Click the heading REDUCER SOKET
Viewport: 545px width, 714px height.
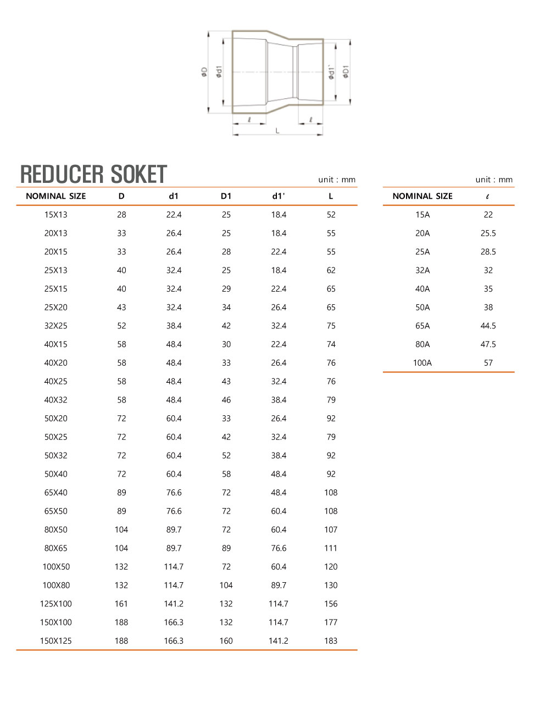pyautogui.click(x=93, y=174)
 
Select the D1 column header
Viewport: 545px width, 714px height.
pyautogui.click(x=226, y=196)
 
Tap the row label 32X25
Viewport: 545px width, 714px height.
pyautogui.click(x=56, y=326)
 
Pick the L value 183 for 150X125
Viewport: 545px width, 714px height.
pyautogui.click(x=331, y=641)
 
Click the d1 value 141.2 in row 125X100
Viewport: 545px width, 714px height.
pyautogui.click(x=174, y=604)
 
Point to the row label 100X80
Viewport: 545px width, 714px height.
pyautogui.click(x=56, y=585)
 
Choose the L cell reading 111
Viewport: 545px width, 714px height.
pyautogui.click(x=331, y=548)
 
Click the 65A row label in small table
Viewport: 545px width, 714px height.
pyautogui.click(x=422, y=326)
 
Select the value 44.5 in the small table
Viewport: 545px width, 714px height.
pyautogui.click(x=488, y=326)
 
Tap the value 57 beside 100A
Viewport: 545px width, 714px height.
pyautogui.click(x=488, y=362)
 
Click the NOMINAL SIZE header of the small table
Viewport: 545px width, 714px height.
pyautogui.click(x=422, y=196)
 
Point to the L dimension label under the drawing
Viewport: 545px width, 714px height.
pyautogui.click(x=277, y=131)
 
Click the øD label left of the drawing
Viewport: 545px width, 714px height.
pyautogui.click(x=204, y=72)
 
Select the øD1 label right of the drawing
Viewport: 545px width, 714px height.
pyautogui.click(x=346, y=72)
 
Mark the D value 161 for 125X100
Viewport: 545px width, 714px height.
pyautogui.click(x=121, y=604)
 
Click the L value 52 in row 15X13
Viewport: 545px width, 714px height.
pyautogui.click(x=331, y=215)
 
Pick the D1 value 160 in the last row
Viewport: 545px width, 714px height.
pyautogui.click(x=226, y=641)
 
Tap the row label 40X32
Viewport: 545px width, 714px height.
pyautogui.click(x=56, y=400)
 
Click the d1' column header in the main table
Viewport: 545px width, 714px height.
pyautogui.click(x=279, y=196)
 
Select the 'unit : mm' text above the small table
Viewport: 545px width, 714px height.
pyautogui.click(x=494, y=180)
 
